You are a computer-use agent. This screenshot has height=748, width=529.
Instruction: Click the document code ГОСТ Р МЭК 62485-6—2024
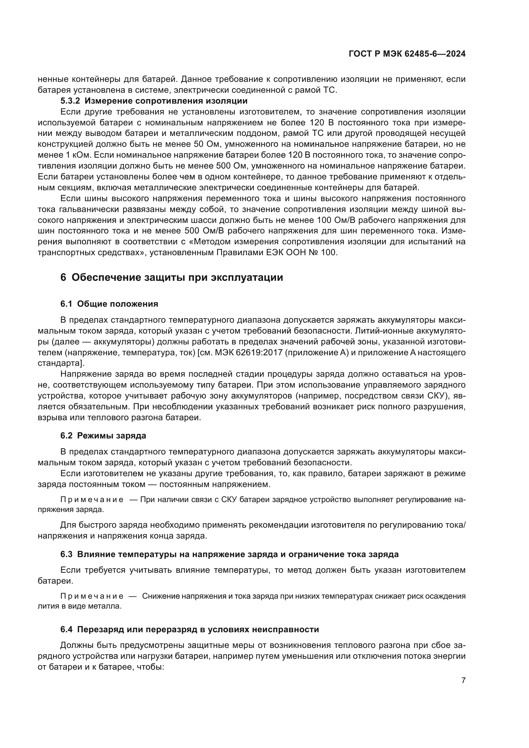point(407,54)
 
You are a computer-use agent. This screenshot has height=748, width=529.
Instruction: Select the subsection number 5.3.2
point(70,101)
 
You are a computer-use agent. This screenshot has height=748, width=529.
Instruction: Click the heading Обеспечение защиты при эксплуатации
point(177,278)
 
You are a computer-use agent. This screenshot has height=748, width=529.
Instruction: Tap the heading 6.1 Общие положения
point(109,304)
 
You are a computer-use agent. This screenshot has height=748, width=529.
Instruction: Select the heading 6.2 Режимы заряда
point(103,436)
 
